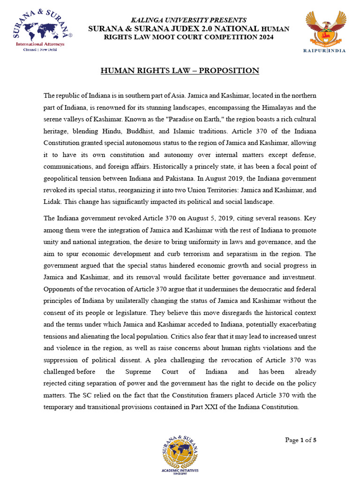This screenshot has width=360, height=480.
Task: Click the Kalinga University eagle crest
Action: pos(326,28)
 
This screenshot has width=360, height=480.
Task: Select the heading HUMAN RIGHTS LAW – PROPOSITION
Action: pos(180,71)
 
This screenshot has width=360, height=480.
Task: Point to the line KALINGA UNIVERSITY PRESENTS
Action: pos(189,20)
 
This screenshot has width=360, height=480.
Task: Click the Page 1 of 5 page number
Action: pos(301,440)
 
